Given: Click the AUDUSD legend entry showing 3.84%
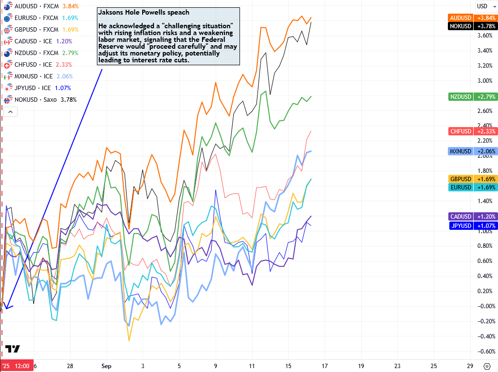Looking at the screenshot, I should click(x=41, y=6).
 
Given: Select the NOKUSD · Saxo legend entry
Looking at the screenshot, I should click(x=42, y=100).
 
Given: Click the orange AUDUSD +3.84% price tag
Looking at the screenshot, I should click(x=472, y=18).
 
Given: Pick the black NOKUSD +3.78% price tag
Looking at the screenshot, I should click(x=472, y=26).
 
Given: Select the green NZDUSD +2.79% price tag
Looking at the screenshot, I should click(x=472, y=97).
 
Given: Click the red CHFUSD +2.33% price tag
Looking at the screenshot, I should click(x=472, y=131).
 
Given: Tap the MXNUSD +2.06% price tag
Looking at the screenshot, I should click(x=472, y=151).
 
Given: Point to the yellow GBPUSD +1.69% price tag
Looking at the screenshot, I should click(x=472, y=179).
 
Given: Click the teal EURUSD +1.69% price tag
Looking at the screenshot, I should click(x=472, y=187).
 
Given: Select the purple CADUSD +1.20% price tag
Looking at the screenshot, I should click(x=472, y=217).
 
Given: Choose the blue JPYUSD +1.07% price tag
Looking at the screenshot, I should click(x=472, y=225).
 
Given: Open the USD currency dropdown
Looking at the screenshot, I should click(x=485, y=6).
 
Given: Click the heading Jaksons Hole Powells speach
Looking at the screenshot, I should click(x=144, y=12).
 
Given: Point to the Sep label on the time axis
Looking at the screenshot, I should click(x=105, y=366).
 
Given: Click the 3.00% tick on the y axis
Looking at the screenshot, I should click(x=485, y=81).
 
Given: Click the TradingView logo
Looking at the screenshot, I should click(x=13, y=349).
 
